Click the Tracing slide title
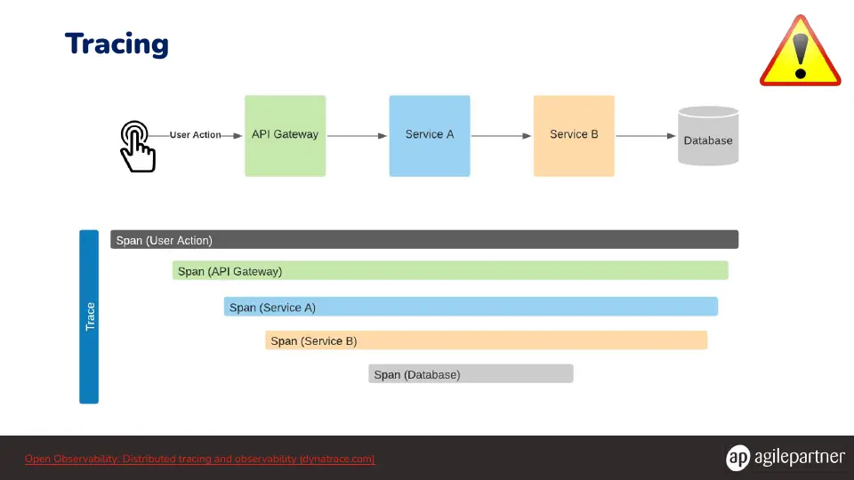point(117,44)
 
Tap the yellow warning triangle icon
point(800,52)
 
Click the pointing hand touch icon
point(137,147)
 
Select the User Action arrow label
point(195,135)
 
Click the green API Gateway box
point(285,135)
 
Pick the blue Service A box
point(429,135)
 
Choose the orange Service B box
point(574,135)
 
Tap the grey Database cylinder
point(708,135)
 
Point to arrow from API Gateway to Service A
point(358,135)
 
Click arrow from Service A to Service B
point(502,135)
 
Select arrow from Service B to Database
point(646,135)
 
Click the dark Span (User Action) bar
point(424,239)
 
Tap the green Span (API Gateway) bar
point(450,270)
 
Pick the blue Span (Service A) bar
point(471,307)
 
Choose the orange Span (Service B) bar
point(487,340)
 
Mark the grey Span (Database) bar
point(471,374)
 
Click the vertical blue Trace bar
point(89,316)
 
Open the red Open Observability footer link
point(200,459)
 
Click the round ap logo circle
point(738,457)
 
